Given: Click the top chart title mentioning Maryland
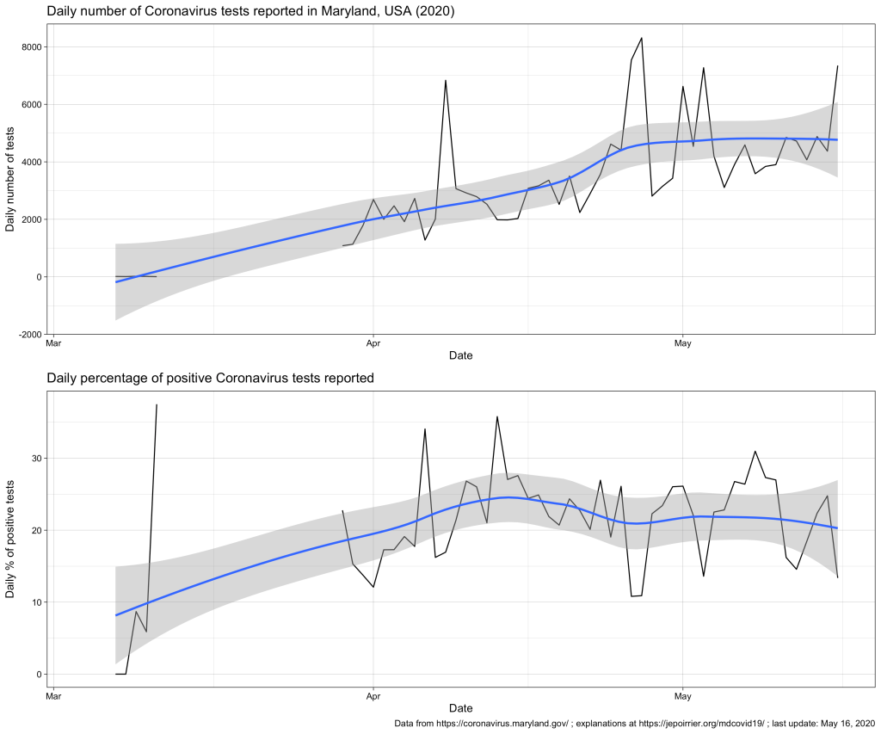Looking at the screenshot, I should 250,12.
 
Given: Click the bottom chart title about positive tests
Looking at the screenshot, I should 210,378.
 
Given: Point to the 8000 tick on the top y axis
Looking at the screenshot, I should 35,47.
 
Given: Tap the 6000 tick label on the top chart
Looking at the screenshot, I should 35,105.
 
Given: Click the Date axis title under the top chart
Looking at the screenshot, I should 460,355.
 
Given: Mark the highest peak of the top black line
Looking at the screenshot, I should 642,38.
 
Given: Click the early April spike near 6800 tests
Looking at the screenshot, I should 446,80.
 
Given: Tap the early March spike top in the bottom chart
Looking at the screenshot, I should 157,404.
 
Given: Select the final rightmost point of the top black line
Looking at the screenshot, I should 837,66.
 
